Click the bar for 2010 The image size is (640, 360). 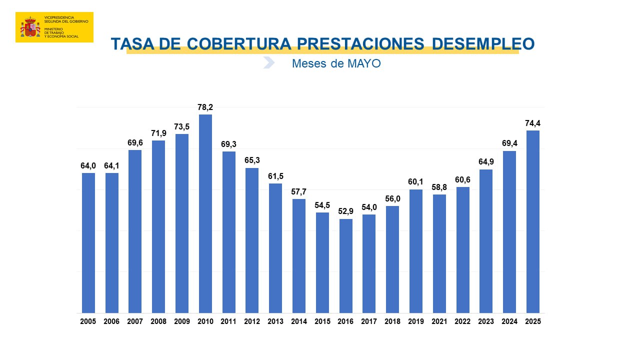tap(205, 214)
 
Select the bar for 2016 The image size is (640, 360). tap(346, 266)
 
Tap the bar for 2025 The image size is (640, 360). tap(533, 222)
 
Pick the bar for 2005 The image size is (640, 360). tap(88, 243)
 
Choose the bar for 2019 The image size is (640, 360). tap(416, 251)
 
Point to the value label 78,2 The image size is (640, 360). tap(205, 107)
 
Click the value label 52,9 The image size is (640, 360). tap(346, 211)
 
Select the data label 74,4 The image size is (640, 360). tap(533, 123)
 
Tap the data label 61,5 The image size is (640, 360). tap(275, 176)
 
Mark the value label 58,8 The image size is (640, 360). tap(439, 187)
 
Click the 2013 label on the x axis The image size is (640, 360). tap(275, 321)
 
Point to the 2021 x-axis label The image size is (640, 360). tap(439, 321)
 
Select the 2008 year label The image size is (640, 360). tap(158, 321)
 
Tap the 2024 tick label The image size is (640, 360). tap(509, 321)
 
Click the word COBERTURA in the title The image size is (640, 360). tap(238, 44)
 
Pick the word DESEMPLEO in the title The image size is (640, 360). tap(482, 44)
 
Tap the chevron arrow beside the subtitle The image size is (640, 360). tap(269, 63)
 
